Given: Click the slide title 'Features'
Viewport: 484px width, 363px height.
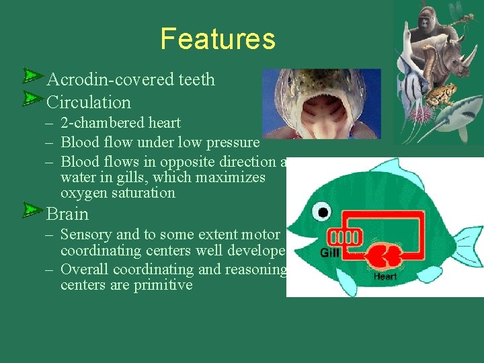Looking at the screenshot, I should point(218,39).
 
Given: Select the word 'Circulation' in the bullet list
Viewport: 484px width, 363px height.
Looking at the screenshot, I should point(88,102).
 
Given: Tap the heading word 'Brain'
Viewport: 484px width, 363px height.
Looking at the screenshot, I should point(67,214).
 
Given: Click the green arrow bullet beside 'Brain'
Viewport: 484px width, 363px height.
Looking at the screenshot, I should point(32,211).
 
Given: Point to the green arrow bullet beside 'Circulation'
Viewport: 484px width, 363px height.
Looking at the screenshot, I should point(32,99).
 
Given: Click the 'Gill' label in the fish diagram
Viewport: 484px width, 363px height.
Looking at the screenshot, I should point(329,253).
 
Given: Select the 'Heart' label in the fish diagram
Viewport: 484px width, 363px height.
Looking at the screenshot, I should point(385,276).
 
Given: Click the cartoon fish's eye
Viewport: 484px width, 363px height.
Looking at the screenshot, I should point(323,213).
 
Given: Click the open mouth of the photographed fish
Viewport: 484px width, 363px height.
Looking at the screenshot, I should point(321,114).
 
